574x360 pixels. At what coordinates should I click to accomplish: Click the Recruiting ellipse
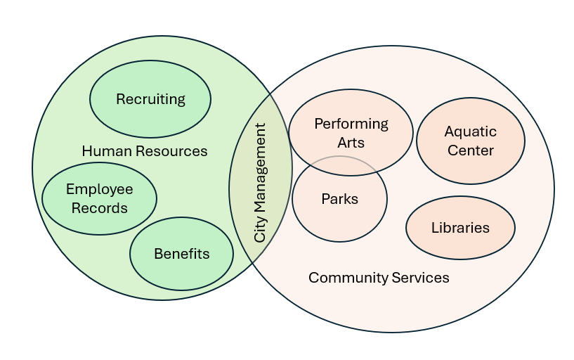pos(150,99)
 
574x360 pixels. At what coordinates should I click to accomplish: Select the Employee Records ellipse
pos(99,198)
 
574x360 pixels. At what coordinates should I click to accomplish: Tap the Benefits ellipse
pos(181,254)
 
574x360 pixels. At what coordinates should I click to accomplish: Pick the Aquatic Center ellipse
pos(470,141)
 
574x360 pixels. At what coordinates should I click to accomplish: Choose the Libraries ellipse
pos(460,228)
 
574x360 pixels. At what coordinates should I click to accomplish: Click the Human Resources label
pos(144,151)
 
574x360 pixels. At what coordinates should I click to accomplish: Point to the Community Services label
pos(379,278)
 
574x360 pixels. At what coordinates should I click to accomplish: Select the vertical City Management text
pos(260,183)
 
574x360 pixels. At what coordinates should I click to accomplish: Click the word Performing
pos(351,124)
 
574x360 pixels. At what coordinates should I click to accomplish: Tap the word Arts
pos(351,142)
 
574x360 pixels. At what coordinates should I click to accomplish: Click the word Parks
pos(339,199)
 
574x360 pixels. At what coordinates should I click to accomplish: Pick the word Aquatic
pos(470,131)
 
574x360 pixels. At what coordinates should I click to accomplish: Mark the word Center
pos(470,150)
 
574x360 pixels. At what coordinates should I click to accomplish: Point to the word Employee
pos(99,189)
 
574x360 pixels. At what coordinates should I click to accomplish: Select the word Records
pos(99,207)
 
